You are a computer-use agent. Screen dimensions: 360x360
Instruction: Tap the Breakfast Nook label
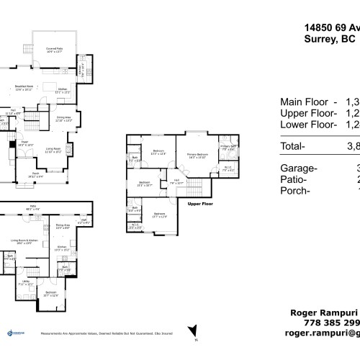(x=24, y=89)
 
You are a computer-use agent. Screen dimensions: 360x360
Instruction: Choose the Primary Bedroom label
(x=199, y=155)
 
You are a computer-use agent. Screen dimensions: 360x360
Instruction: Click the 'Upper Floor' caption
(x=202, y=204)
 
